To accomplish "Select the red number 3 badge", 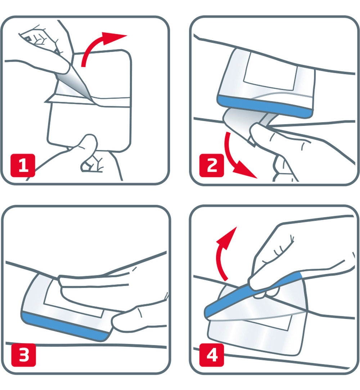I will [x=23, y=355].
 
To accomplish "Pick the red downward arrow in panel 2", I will [x=234, y=159].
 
